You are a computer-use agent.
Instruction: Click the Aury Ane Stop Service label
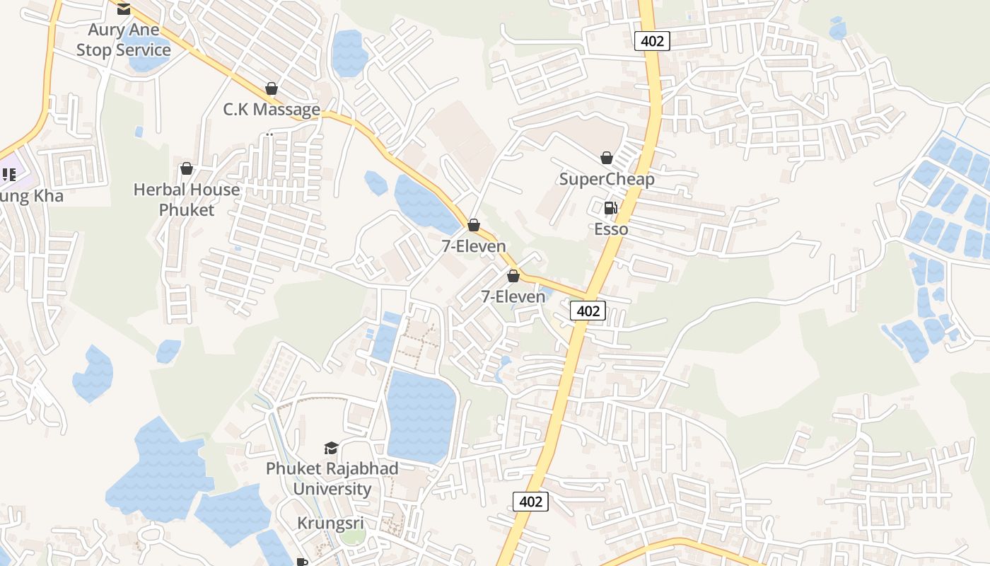[x=124, y=40]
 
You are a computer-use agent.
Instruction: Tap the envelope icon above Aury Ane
[x=124, y=9]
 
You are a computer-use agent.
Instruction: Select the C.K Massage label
[x=272, y=110]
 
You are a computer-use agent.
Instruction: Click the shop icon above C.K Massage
[x=271, y=88]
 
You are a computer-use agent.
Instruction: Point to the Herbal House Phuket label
[x=187, y=200]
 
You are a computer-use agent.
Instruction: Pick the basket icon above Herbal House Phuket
[x=187, y=168]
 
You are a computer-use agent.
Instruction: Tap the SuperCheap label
[x=607, y=179]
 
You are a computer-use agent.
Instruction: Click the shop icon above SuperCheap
[x=607, y=157]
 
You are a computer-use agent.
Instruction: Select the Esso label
[x=611, y=229]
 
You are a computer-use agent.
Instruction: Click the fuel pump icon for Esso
[x=610, y=208]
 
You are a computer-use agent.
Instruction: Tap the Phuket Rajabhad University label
[x=332, y=478]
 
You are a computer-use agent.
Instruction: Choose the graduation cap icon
[x=331, y=447]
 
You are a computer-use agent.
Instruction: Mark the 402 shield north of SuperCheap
[x=651, y=41]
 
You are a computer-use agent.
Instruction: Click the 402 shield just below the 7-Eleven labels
[x=588, y=311]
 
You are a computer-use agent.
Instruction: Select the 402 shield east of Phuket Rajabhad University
[x=530, y=502]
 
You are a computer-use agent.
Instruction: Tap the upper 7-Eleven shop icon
[x=474, y=225]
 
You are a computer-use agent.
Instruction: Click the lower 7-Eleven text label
[x=513, y=296]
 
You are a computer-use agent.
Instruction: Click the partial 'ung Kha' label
[x=31, y=196]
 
